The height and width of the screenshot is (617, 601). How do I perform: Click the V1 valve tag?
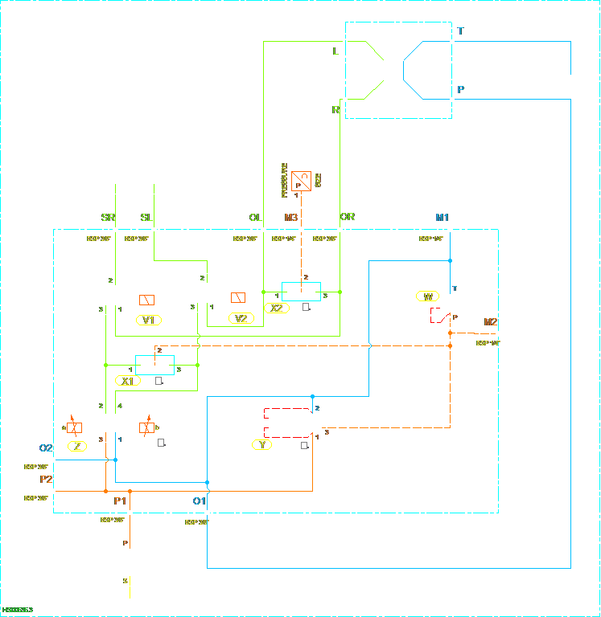click(149, 320)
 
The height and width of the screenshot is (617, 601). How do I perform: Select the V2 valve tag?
click(241, 318)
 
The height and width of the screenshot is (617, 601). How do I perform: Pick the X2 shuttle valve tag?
click(277, 308)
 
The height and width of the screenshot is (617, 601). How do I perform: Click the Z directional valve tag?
click(77, 446)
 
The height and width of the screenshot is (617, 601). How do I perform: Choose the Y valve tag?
click(261, 443)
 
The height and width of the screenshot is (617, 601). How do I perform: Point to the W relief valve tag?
click(429, 296)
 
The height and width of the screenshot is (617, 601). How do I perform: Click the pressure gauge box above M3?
click(301, 181)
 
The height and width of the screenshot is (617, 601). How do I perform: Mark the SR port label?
click(109, 217)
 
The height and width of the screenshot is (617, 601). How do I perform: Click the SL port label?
click(146, 217)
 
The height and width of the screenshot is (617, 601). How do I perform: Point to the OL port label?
click(256, 217)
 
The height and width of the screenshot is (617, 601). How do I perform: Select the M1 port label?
click(442, 217)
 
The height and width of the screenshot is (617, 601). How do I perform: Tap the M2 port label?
click(491, 322)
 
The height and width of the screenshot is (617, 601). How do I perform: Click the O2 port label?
click(46, 447)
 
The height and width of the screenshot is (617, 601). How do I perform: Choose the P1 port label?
click(121, 501)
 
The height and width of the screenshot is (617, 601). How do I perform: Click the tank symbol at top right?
click(570, 74)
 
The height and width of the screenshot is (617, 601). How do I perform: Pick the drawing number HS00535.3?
click(19, 611)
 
